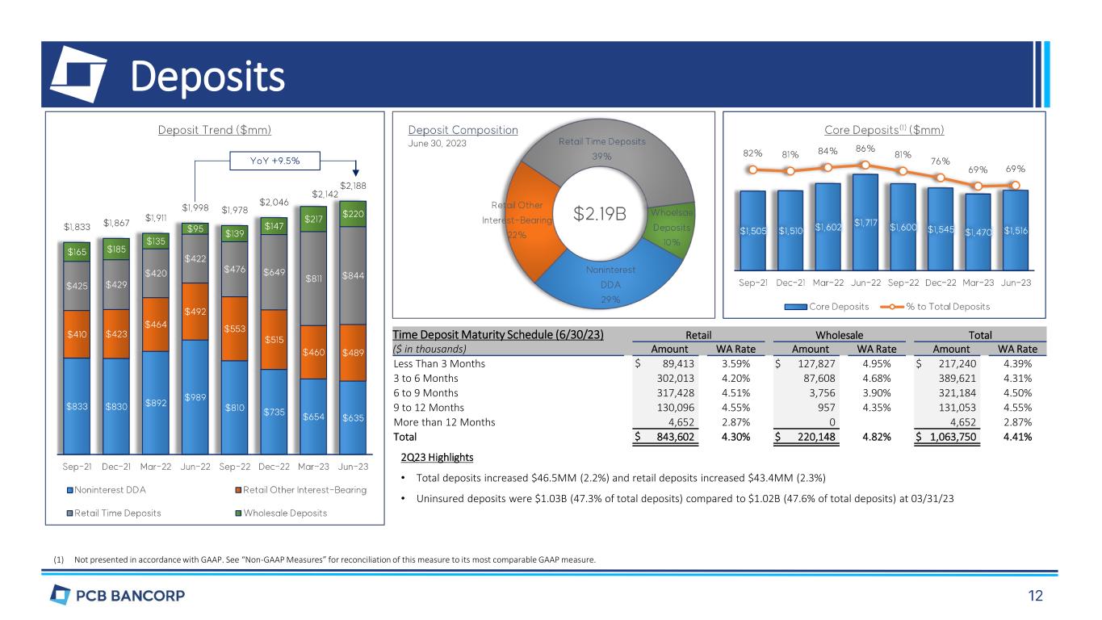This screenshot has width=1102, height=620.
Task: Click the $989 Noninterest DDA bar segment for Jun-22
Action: coord(195,397)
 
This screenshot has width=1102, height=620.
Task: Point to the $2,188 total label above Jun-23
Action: coord(352,186)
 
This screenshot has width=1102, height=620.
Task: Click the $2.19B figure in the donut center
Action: coord(600,214)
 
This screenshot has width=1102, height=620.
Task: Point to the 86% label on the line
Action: coord(865,149)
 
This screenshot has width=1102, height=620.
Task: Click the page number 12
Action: coord(1035,597)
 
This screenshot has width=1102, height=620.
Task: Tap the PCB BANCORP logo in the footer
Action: coord(117,597)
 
